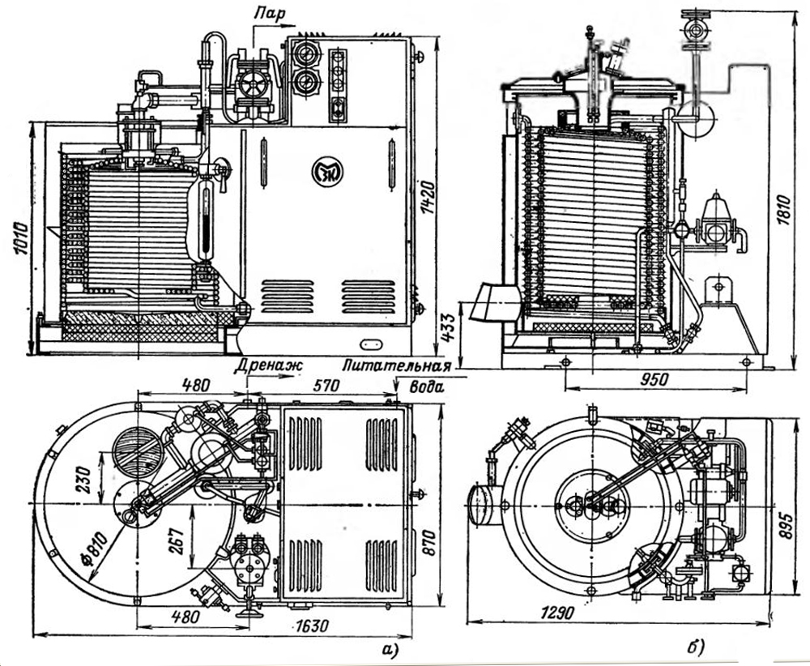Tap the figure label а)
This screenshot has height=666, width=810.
393,647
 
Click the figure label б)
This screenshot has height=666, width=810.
695,647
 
